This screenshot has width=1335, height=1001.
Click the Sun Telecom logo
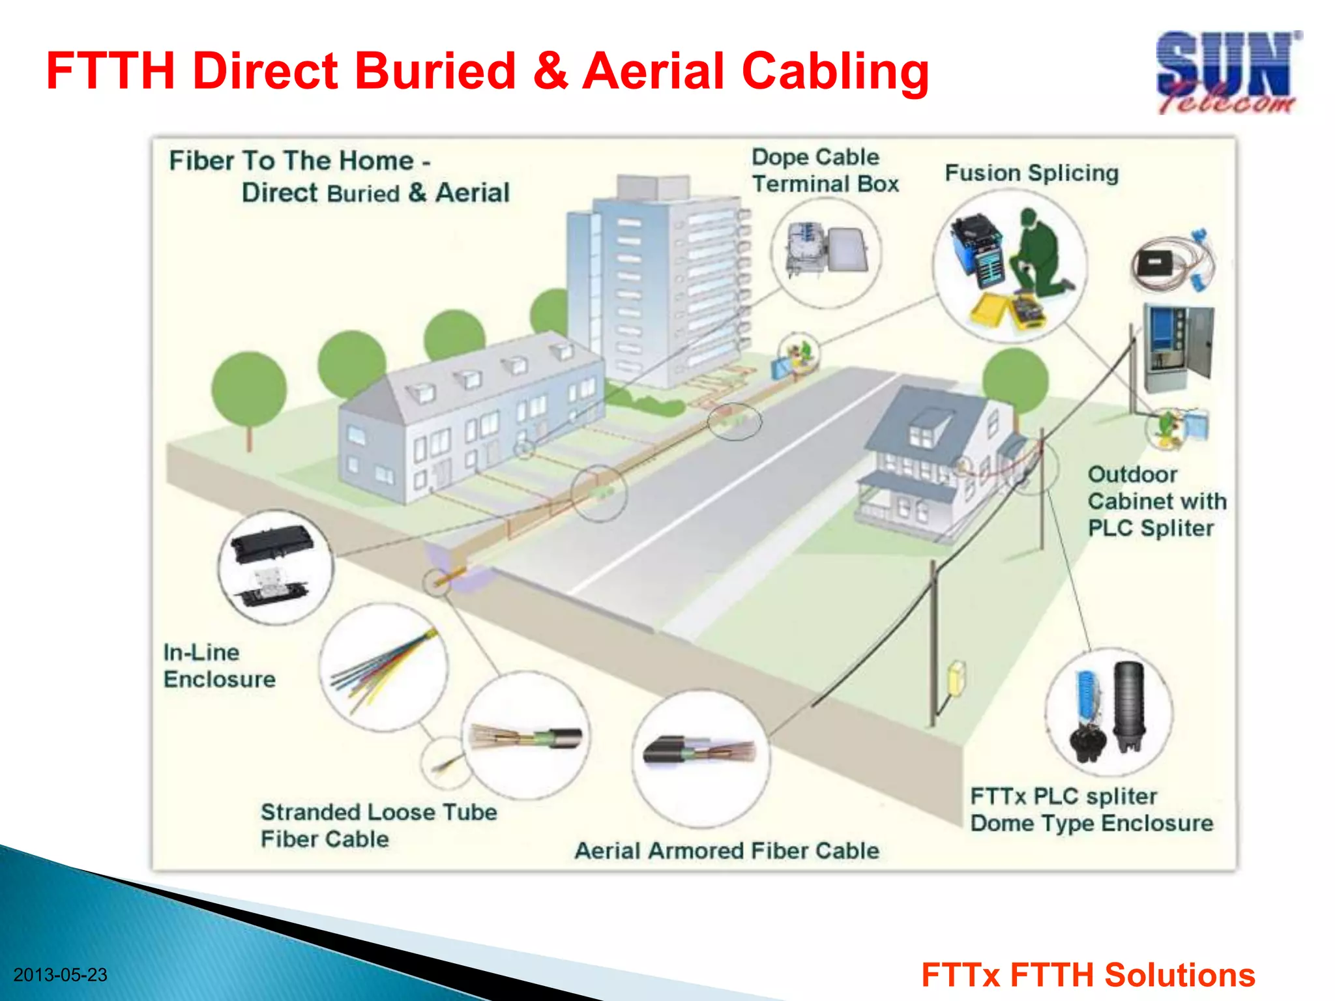1227,73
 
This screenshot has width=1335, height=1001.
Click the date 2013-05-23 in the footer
60,975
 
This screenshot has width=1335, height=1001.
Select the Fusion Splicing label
1031,173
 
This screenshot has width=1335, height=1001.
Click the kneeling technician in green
1037,254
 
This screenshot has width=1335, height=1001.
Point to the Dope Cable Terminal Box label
825,170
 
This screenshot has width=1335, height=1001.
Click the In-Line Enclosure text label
219,665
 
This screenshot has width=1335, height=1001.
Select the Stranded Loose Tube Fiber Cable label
378,825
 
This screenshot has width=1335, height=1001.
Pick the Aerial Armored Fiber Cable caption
726,850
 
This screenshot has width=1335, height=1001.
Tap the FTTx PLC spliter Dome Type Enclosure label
1091,809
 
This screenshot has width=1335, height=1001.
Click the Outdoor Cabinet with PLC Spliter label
1156,501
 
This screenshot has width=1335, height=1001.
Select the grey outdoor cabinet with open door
1179,349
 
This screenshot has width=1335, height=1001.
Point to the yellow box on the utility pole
957,678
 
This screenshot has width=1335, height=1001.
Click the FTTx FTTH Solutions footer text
1087,975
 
